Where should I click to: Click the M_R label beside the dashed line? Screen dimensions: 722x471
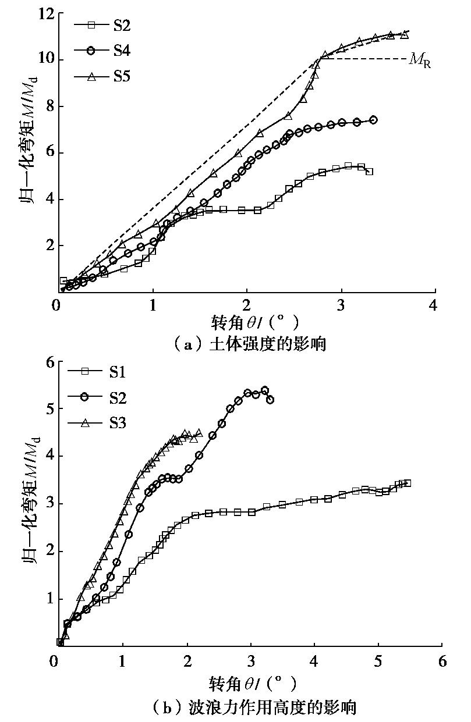420,60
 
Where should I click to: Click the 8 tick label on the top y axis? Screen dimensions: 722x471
47,106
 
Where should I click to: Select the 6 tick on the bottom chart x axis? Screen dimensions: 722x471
442,661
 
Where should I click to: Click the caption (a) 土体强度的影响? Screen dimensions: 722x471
244,344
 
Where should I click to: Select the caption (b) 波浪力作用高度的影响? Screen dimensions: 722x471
244,707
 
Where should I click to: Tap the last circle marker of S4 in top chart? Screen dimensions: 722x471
373,120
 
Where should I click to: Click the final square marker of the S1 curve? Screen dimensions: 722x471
408,483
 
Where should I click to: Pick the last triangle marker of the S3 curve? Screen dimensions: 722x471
199,433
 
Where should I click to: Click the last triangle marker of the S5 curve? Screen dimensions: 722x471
405,35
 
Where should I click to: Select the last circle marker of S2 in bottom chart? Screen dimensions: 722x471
270,400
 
